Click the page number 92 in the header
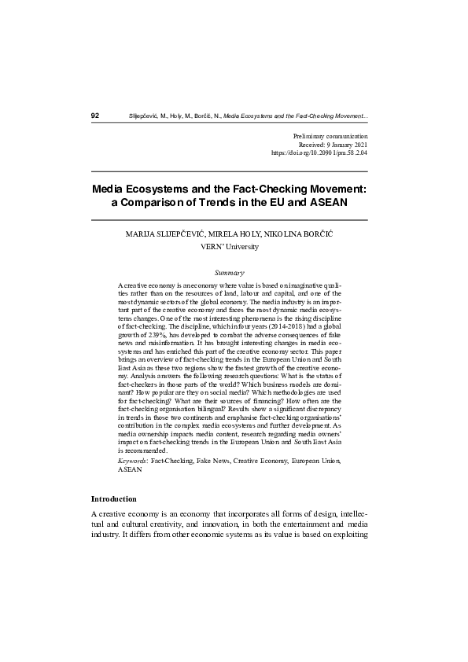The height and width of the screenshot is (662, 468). click(x=95, y=116)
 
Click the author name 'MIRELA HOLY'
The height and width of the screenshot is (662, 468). click(x=241, y=234)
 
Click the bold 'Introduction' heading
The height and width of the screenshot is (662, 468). click(x=114, y=498)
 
